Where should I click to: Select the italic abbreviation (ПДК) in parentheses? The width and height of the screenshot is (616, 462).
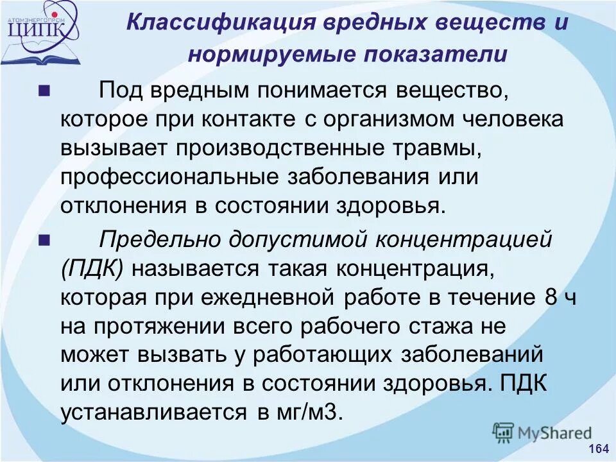point(93,268)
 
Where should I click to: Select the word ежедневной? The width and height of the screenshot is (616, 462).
point(273,298)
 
